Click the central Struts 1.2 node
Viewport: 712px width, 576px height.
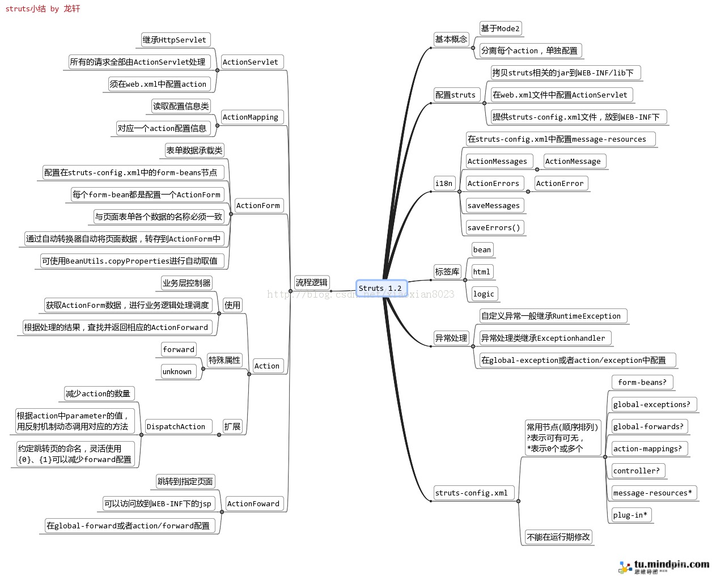pyautogui.click(x=382, y=288)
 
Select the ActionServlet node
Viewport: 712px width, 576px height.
pyautogui.click(x=251, y=62)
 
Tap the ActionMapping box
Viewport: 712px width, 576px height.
pyautogui.click(x=251, y=117)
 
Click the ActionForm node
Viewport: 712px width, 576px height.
pyautogui.click(x=258, y=205)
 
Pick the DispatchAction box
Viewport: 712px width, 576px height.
pyautogui.click(x=176, y=426)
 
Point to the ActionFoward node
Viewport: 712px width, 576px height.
pyautogui.click(x=253, y=503)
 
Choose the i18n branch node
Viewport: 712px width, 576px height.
pyautogui.click(x=444, y=183)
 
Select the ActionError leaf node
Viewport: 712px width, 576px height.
pyautogui.click(x=560, y=183)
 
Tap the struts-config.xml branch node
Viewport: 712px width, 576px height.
pyautogui.click(x=472, y=493)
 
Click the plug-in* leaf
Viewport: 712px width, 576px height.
pyautogui.click(x=630, y=515)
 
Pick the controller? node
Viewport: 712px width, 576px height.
pyautogui.click(x=637, y=471)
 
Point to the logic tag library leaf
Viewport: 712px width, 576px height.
pyautogui.click(x=484, y=294)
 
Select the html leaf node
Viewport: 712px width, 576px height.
pyautogui.click(x=481, y=272)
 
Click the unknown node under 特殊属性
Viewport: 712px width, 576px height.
pyautogui.click(x=177, y=371)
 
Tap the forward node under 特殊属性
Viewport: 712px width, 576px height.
pyautogui.click(x=179, y=349)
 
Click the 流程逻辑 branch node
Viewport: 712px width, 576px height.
pyautogui.click(x=312, y=282)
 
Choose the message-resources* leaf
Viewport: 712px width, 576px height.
pyautogui.click(x=652, y=493)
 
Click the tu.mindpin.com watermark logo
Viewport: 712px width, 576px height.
pyautogui.click(x=665, y=566)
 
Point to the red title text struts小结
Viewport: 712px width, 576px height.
pyautogui.click(x=26, y=9)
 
